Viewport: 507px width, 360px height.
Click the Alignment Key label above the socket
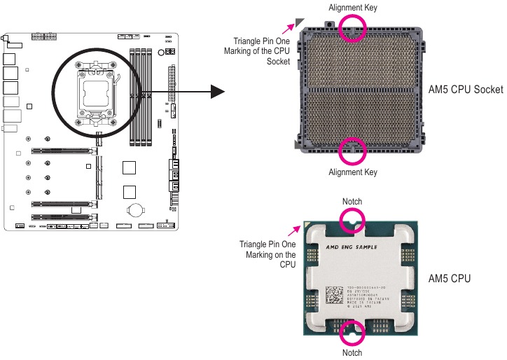(x=352, y=7)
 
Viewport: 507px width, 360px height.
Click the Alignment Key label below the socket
(x=352, y=172)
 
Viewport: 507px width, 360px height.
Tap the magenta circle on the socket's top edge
(x=352, y=27)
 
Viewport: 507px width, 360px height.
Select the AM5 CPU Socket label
(x=465, y=90)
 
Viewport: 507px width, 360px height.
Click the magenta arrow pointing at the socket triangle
(x=288, y=28)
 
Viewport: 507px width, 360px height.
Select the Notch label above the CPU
(x=352, y=202)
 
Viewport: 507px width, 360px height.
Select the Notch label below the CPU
(x=352, y=352)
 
